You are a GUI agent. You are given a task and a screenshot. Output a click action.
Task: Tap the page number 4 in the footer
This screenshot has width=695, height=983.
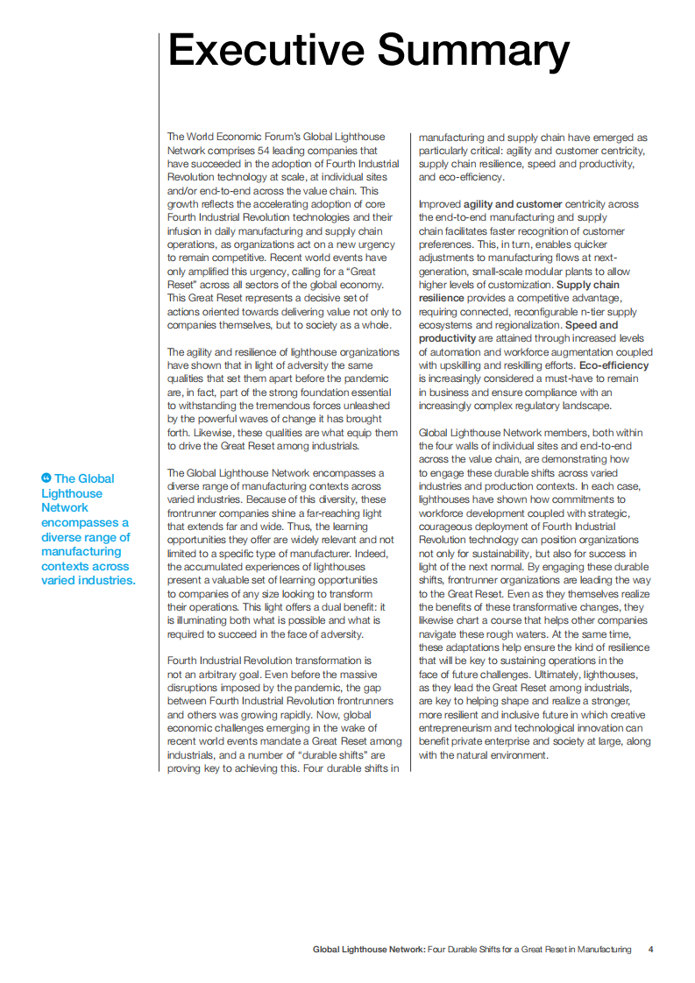(x=650, y=950)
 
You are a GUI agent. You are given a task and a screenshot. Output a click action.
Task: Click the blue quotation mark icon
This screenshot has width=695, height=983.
(x=46, y=477)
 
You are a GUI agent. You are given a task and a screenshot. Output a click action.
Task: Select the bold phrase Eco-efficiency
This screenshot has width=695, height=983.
(x=614, y=364)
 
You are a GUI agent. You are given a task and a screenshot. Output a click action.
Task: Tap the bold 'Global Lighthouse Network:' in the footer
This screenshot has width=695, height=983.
(x=369, y=950)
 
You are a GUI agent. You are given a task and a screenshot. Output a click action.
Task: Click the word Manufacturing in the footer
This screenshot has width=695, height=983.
(x=601, y=950)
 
